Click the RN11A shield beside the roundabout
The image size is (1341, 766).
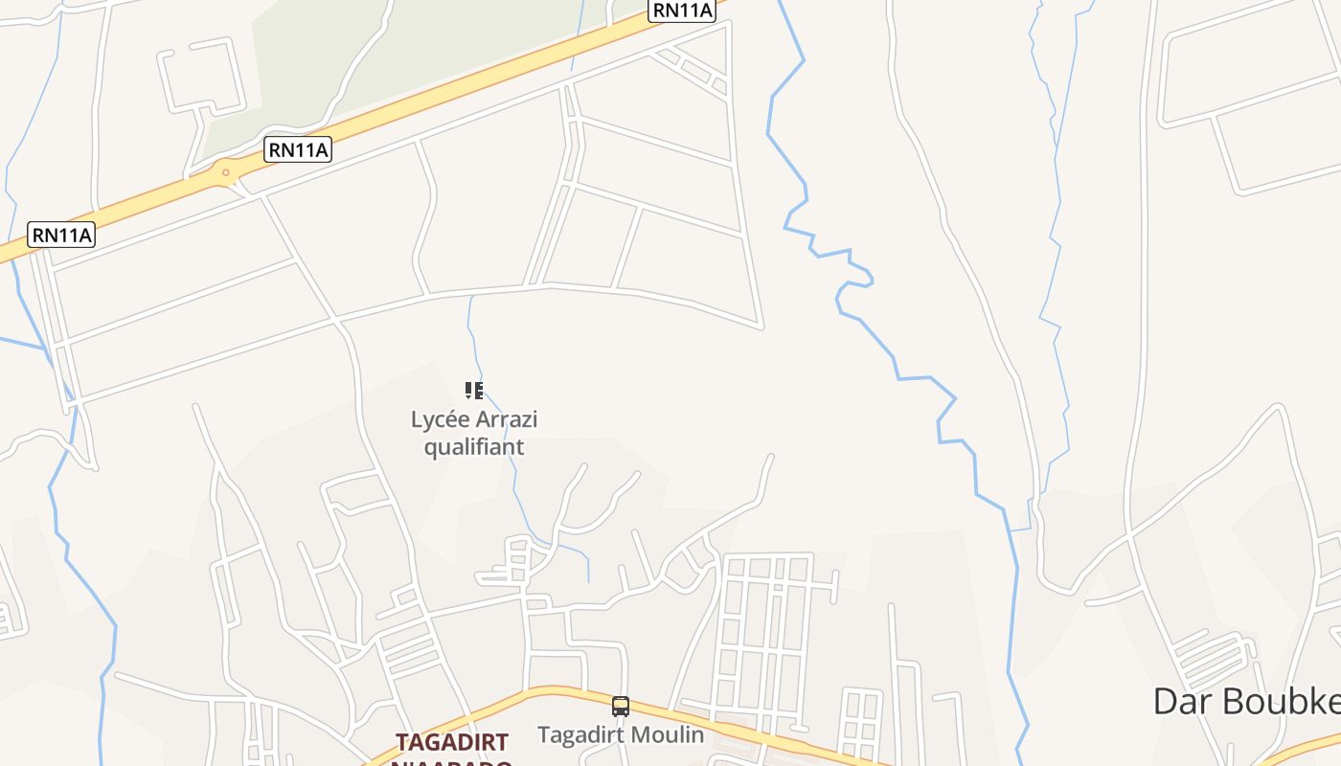298,149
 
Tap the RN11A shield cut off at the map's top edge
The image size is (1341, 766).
682,10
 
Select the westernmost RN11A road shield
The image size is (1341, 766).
62,235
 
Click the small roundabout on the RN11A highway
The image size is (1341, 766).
226,173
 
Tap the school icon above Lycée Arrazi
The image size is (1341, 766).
473,391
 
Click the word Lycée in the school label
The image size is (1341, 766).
438,419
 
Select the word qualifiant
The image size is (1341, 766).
474,447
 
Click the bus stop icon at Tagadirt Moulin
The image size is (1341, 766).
621,707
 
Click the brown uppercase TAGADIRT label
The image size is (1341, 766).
452,742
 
